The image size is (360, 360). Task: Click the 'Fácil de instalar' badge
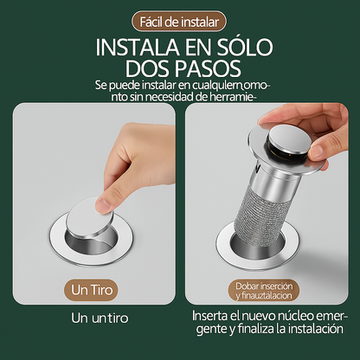pos(180,20)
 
